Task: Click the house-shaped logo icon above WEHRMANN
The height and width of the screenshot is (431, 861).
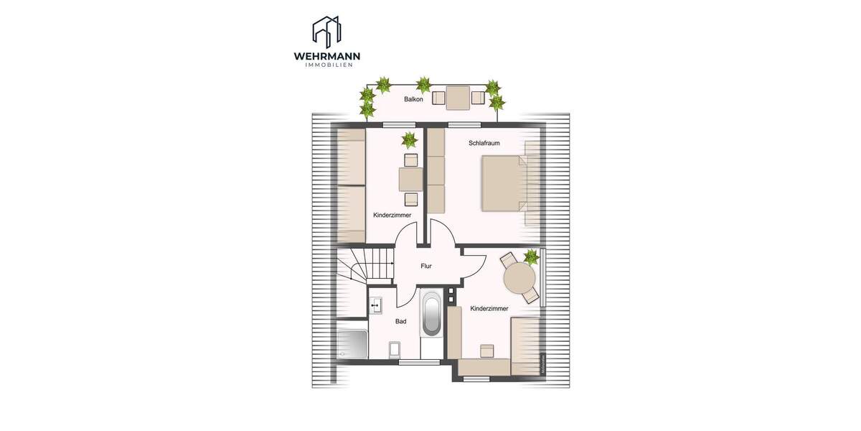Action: pos(326,32)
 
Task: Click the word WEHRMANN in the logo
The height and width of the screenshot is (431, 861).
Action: pos(327,56)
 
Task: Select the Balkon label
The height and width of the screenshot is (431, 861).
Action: pos(413,99)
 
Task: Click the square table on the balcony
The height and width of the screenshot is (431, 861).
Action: pos(457,97)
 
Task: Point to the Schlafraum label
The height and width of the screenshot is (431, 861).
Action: pos(484,143)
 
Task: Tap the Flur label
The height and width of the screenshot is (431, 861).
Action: pos(426,266)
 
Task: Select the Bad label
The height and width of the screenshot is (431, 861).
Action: pos(400,321)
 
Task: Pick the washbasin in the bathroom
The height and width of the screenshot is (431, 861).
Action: pos(377,306)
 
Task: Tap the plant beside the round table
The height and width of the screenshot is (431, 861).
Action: pos(532,256)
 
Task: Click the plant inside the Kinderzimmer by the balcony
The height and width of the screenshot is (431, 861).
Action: pos(408,139)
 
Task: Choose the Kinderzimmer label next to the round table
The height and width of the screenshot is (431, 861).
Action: pos(489,308)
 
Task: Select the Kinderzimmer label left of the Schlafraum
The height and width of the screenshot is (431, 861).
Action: pos(392,215)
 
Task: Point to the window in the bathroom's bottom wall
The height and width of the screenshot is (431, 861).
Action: pos(419,362)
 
